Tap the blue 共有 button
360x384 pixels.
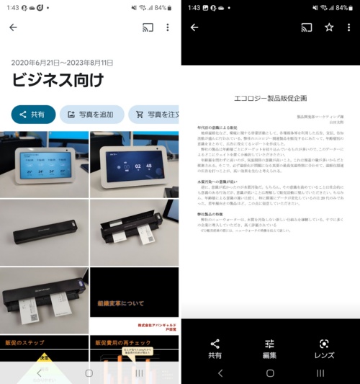pyautogui.click(x=33, y=114)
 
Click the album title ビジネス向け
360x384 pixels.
pyautogui.click(x=58, y=79)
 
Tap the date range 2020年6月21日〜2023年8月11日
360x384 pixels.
pyautogui.click(x=62, y=63)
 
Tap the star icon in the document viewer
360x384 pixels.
pyautogui.click(x=329, y=27)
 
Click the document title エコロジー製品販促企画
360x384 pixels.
pyautogui.click(x=269, y=97)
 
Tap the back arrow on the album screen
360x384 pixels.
pyautogui.click(x=13, y=27)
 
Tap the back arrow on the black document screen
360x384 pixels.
pyautogui.click(x=194, y=27)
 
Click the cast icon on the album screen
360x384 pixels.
pyautogui.click(x=148, y=27)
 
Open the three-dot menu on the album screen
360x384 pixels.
pyautogui.click(x=168, y=27)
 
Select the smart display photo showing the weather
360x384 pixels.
pyautogui.click(x=44, y=164)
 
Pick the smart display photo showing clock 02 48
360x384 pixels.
pyautogui.click(x=134, y=164)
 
